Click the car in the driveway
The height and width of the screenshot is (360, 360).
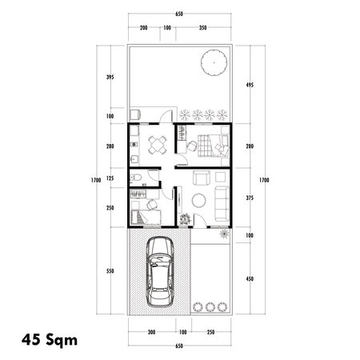pyautogui.click(x=160, y=274)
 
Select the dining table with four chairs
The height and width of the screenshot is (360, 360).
pyautogui.click(x=154, y=144)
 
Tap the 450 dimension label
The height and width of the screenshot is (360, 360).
pyautogui.click(x=250, y=278)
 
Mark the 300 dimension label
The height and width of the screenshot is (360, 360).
pyautogui.click(x=150, y=331)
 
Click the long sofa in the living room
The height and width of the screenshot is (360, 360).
pyautogui.click(x=221, y=198)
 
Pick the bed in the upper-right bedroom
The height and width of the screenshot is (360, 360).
pyautogui.click(x=214, y=146)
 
